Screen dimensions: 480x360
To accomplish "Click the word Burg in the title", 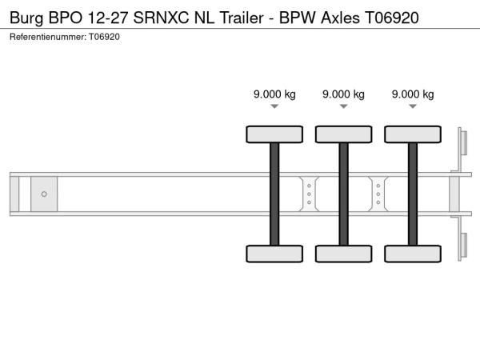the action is pyautogui.click(x=26, y=18).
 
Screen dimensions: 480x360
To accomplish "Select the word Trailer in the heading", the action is pyautogui.click(x=242, y=18).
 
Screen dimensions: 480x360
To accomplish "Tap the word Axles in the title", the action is pyautogui.click(x=340, y=18).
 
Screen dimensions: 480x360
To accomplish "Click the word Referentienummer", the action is pyautogui.click(x=48, y=37).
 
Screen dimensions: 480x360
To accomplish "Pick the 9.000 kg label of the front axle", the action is pyautogui.click(x=274, y=94).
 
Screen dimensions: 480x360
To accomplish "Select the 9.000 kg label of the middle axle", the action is pyautogui.click(x=343, y=94).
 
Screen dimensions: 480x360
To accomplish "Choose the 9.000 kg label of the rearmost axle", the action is pyautogui.click(x=413, y=94).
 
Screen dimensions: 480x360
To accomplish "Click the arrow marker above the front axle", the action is pyautogui.click(x=274, y=106).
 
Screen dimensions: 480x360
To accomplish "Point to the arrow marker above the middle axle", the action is pyautogui.click(x=344, y=106).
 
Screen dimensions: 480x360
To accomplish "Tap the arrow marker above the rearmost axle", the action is pyautogui.click(x=413, y=106).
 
